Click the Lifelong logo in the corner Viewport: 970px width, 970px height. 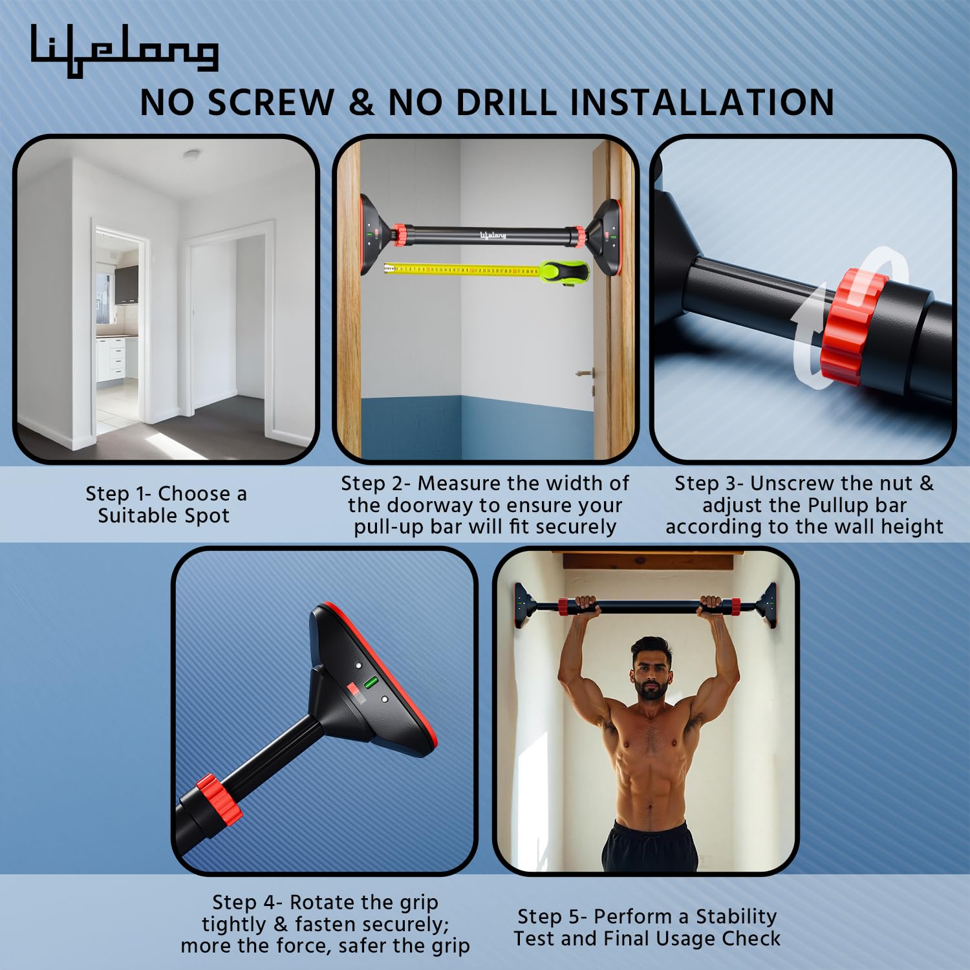tap(124, 50)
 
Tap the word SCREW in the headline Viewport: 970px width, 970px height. tap(270, 103)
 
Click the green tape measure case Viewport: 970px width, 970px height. tap(565, 272)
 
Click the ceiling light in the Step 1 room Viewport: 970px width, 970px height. tap(191, 155)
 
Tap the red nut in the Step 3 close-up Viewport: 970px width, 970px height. tap(853, 327)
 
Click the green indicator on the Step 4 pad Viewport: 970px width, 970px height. tap(371, 682)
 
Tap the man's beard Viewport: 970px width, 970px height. tap(651, 691)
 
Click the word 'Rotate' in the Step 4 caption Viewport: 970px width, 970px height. tap(323, 902)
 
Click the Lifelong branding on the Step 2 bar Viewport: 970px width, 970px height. tap(493, 235)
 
